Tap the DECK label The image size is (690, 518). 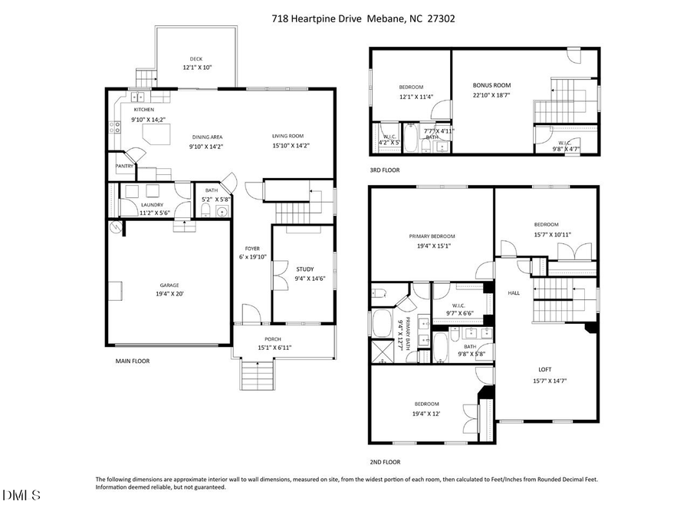pos(197,58)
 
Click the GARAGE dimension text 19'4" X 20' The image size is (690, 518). pos(169,293)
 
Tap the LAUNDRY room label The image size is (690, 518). pos(153,205)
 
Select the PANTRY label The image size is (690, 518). pos(125,166)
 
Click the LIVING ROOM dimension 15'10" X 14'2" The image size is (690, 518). pos(291,146)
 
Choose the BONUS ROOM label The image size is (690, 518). pos(491,85)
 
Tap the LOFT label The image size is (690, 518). pos(544,369)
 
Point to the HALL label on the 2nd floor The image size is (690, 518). pos(514,293)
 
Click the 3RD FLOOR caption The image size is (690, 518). pos(385,170)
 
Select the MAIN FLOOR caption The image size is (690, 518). pos(133,361)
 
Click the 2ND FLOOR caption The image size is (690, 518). pos(385,462)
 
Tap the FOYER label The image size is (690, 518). pos(251,249)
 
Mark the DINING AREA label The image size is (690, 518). pos(207,137)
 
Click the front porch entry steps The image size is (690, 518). pos(258,376)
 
